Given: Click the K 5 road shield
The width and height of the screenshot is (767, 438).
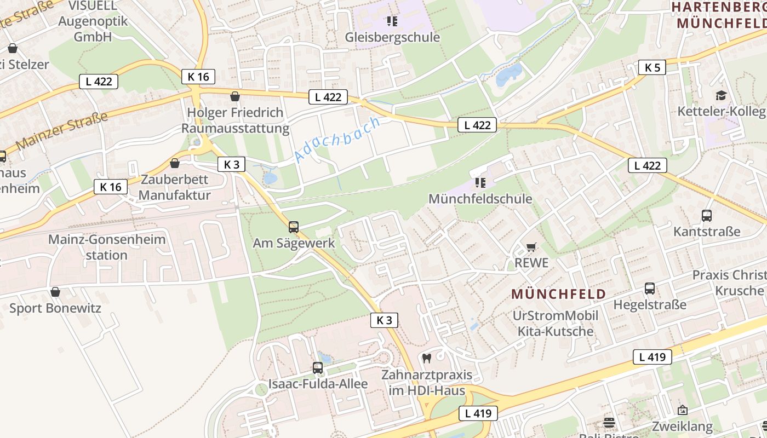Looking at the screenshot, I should [x=652, y=68].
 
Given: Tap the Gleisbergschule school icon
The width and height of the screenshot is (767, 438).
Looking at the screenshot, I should [x=392, y=21].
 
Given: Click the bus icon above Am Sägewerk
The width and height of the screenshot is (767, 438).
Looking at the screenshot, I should [x=294, y=227].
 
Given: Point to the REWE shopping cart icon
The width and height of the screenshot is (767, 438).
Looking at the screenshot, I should [x=531, y=247].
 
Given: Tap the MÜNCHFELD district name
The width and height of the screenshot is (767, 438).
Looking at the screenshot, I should [x=559, y=294].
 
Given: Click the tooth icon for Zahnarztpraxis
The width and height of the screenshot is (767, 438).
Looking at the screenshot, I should [x=427, y=359].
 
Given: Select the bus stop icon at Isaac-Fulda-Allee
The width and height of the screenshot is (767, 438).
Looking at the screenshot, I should [x=318, y=368].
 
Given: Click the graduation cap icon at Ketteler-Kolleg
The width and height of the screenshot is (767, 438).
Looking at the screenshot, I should [x=721, y=95].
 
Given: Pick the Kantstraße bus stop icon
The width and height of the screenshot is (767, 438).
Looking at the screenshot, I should [x=707, y=216].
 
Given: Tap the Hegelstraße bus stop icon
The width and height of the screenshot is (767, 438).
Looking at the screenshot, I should [x=650, y=289].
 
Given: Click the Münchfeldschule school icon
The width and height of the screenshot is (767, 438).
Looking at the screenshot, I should [x=480, y=183].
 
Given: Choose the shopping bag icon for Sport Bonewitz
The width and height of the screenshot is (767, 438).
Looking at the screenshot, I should [x=55, y=292].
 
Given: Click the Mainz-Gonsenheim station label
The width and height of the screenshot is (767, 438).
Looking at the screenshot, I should [x=107, y=247].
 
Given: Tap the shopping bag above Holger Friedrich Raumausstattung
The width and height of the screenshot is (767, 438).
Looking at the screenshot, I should [x=235, y=97].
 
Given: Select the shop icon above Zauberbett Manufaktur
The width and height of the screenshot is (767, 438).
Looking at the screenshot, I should [x=174, y=163].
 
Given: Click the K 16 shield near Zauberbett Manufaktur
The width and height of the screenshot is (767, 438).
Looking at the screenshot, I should [x=110, y=187].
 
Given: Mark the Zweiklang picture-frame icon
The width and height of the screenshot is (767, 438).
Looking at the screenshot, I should [x=683, y=410].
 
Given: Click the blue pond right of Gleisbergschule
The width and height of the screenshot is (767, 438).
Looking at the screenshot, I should [x=508, y=75].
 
